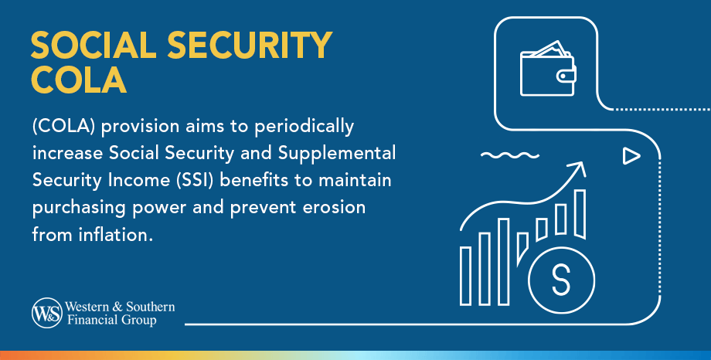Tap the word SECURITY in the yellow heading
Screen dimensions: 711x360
coord(250,45)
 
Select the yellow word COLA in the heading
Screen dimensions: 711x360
coord(79,80)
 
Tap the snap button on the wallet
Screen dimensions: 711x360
coord(564,76)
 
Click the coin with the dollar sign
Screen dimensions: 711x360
coord(561,280)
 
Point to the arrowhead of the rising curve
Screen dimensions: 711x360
coord(579,168)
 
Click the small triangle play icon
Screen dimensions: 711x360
coord(631,156)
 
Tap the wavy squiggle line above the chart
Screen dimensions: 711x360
coord(509,155)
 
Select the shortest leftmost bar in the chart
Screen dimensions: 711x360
coord(466,276)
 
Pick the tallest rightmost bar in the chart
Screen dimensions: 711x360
coord(580,214)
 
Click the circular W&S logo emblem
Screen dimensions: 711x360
coord(46,313)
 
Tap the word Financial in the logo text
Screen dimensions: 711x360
coord(87,320)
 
